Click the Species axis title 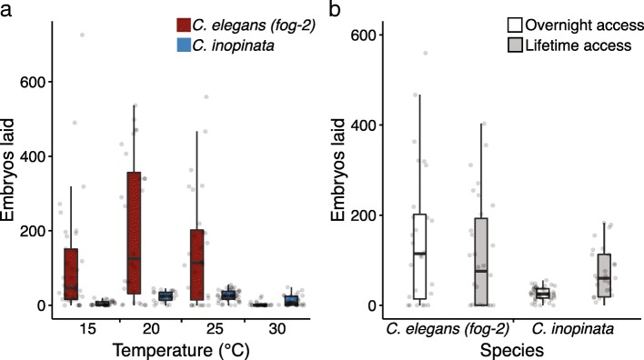497,348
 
